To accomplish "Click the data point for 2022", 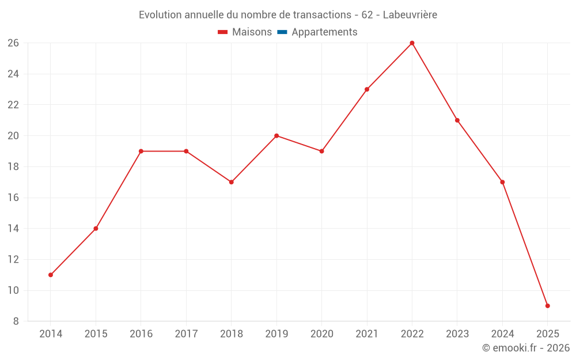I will pyautogui.click(x=412, y=43).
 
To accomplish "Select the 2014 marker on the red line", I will pyautogui.click(x=51, y=275).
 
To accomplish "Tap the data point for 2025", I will pyautogui.click(x=547, y=306).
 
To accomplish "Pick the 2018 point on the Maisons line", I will pyautogui.click(x=231, y=182).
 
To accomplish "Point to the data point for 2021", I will pyautogui.click(x=367, y=89).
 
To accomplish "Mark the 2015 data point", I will pyautogui.click(x=96, y=229).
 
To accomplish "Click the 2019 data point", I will pyautogui.click(x=276, y=136).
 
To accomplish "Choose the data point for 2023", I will pyautogui.click(x=457, y=120).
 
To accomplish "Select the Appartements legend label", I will pyautogui.click(x=324, y=32).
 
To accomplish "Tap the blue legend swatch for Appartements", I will pyautogui.click(x=282, y=32).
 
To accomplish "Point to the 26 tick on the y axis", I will pyautogui.click(x=13, y=43).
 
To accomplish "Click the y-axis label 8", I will pyautogui.click(x=16, y=321).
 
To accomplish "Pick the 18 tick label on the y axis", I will pyautogui.click(x=13, y=167).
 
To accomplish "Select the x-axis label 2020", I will pyautogui.click(x=321, y=334).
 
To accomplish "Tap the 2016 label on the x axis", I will pyautogui.click(x=141, y=334).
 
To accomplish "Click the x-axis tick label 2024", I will pyautogui.click(x=502, y=334).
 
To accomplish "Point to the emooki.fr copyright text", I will pyautogui.click(x=526, y=348).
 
